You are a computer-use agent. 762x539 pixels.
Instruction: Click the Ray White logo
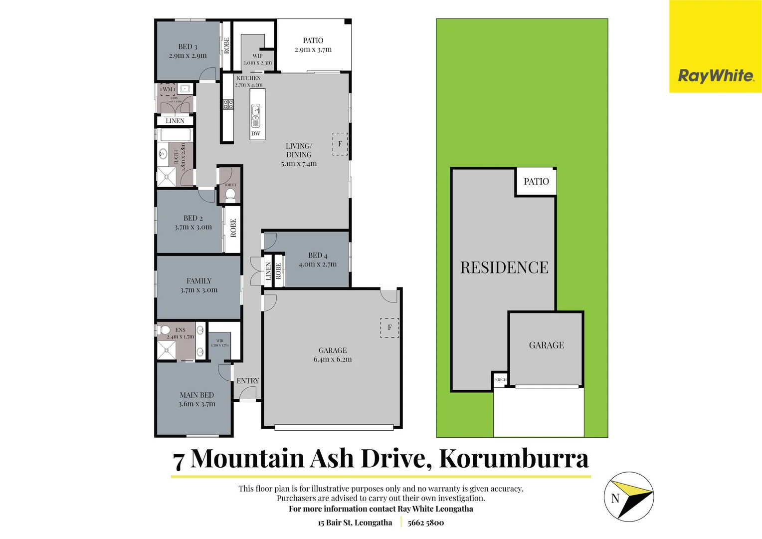(x=715, y=75)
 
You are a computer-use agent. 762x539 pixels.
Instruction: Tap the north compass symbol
(x=628, y=497)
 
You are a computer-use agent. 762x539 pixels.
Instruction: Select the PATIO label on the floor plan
(x=313, y=40)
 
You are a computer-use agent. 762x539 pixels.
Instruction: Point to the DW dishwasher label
(x=256, y=133)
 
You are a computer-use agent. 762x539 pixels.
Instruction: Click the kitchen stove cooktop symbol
(x=228, y=104)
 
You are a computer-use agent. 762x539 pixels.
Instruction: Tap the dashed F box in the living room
(x=340, y=144)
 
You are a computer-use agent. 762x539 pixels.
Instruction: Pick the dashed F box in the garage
(x=389, y=327)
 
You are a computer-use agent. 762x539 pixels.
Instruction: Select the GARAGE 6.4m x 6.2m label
(x=333, y=355)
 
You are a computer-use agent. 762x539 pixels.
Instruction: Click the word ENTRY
(x=248, y=381)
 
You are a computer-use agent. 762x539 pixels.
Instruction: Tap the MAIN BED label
(x=197, y=395)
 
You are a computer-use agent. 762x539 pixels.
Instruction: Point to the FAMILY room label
(x=199, y=281)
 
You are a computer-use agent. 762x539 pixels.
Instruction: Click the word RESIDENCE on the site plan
(x=504, y=268)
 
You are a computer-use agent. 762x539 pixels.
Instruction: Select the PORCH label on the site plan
(x=500, y=380)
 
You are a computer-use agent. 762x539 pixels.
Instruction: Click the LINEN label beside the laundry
(x=175, y=121)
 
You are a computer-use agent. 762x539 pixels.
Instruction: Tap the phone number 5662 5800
(x=425, y=523)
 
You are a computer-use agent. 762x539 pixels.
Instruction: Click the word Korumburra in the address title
(x=514, y=458)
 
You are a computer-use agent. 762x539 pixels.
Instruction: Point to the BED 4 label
(x=318, y=256)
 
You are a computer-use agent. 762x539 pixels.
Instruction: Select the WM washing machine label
(x=168, y=89)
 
